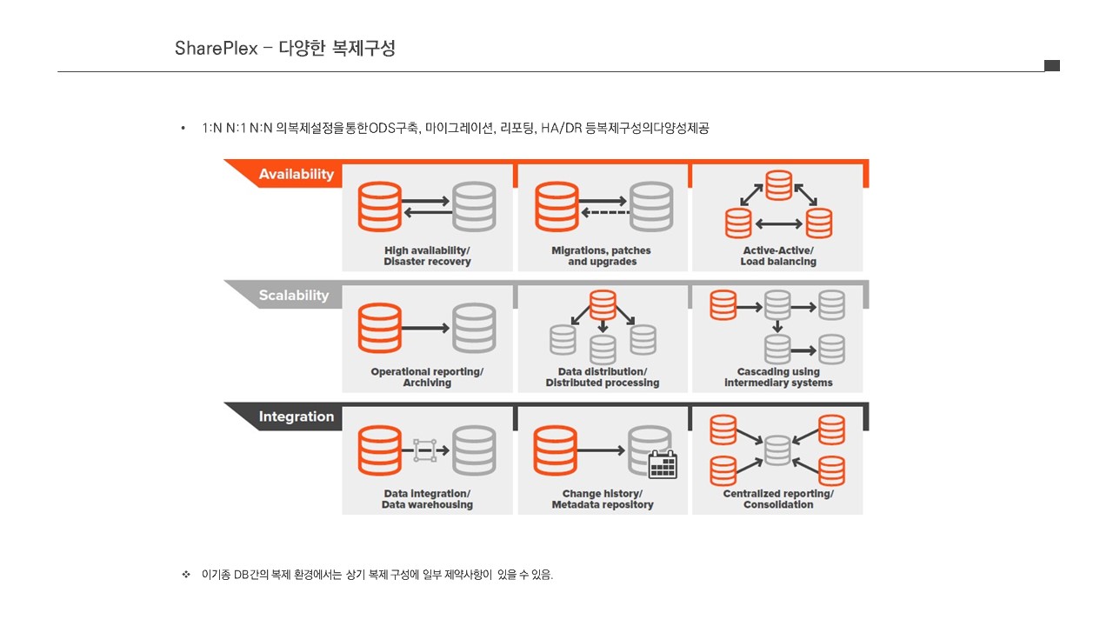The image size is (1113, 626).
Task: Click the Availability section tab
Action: [x=296, y=174]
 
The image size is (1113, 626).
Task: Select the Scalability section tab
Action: [x=294, y=296]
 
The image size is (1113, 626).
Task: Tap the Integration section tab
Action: [x=296, y=416]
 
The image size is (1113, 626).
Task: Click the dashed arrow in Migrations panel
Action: [x=603, y=213]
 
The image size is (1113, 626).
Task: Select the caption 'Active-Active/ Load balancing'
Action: [x=778, y=256]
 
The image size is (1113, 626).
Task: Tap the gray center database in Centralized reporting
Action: [x=777, y=450]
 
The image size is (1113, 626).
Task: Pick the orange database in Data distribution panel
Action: [x=603, y=304]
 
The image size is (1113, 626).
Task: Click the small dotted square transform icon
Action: [x=424, y=450]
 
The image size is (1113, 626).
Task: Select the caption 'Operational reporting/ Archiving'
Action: [x=427, y=377]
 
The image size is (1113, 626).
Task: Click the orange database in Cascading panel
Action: [x=723, y=305]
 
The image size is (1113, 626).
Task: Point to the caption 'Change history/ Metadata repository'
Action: [x=603, y=499]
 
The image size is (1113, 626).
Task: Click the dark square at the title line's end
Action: [x=1052, y=65]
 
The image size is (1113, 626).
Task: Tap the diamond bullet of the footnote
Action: [x=185, y=575]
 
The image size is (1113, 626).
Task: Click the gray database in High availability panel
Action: [x=474, y=207]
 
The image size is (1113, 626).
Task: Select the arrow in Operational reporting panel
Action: [x=427, y=328]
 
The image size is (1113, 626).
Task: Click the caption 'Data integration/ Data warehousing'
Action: [x=427, y=499]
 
